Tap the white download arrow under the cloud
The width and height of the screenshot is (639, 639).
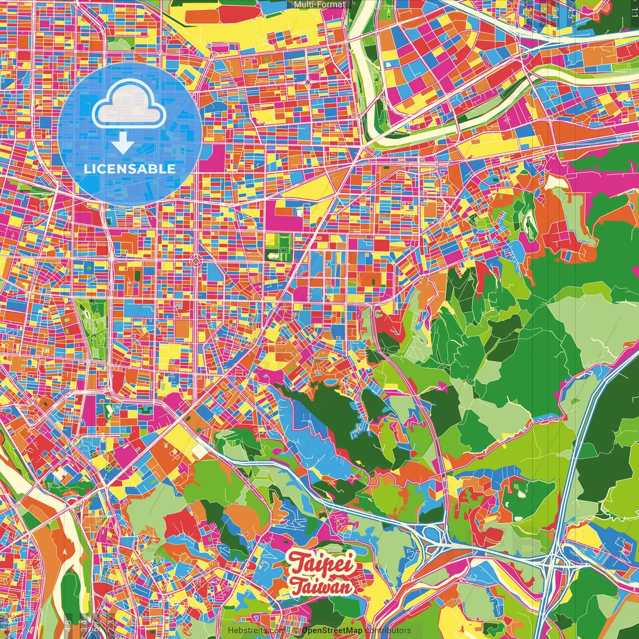point(122,143)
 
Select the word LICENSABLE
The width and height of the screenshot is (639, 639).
point(130,169)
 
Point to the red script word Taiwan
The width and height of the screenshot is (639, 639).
point(321,587)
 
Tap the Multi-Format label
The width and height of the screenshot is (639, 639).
point(319,4)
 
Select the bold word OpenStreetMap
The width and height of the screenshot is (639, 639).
point(332,631)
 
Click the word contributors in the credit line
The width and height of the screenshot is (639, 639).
point(388,631)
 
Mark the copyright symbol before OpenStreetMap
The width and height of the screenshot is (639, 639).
point(296,631)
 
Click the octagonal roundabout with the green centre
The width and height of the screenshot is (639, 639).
point(196,260)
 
